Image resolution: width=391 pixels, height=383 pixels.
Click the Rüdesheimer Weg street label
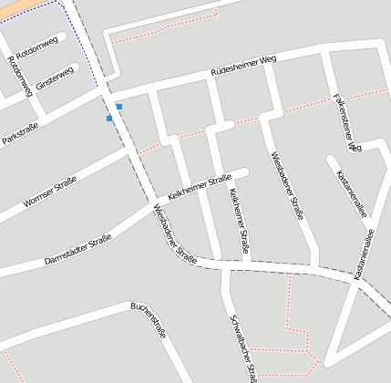[x=243, y=67]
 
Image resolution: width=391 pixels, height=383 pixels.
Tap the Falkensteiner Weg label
[x=347, y=121]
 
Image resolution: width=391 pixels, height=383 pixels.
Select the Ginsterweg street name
[x=55, y=79]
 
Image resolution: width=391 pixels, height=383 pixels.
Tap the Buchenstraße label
[x=148, y=319]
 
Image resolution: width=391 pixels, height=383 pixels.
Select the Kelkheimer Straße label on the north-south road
[x=241, y=221]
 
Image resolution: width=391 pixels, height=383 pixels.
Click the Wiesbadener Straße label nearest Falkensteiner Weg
[x=287, y=186]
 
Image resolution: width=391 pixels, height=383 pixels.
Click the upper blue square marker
[x=118, y=107]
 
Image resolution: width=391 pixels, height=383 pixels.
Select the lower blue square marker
[x=109, y=119]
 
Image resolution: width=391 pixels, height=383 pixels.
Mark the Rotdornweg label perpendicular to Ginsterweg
[x=19, y=75]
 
